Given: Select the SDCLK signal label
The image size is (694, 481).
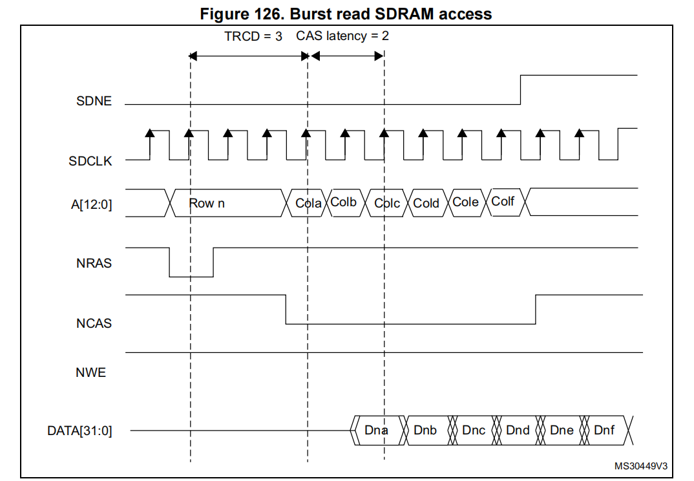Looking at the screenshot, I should [90, 161].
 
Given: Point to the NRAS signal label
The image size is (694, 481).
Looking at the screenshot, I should [94, 263].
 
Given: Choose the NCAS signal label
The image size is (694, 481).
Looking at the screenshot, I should [94, 323].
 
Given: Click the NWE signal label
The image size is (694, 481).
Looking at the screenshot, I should [90, 372].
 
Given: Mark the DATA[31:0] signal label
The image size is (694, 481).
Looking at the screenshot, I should [79, 431].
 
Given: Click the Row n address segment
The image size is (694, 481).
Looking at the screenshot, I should [207, 203].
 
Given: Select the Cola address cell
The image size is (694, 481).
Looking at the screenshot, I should [308, 203].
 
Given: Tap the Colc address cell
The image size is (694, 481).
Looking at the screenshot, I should [387, 203].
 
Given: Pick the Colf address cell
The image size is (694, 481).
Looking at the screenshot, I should [503, 202].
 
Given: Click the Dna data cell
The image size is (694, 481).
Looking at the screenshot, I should [375, 431].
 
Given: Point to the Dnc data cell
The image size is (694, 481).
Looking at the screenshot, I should [474, 431].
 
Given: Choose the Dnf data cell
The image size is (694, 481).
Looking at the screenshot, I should [604, 431].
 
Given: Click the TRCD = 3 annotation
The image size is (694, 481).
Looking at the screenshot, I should [253, 36].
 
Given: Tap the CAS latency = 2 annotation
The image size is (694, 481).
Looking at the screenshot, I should [342, 36].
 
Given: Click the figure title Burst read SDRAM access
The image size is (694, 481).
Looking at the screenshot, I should [346, 14].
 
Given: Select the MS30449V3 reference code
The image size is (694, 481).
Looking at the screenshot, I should [640, 465].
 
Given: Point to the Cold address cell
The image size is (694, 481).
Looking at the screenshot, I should [426, 203].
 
